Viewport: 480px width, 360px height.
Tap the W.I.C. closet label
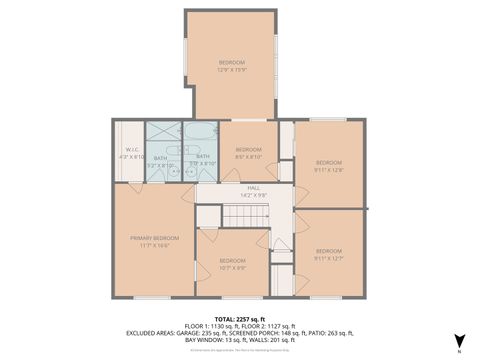pyautogui.click(x=131, y=153)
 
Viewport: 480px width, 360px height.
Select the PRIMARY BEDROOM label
pyautogui.click(x=154, y=241)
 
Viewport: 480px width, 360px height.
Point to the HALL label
pyautogui.click(x=254, y=191)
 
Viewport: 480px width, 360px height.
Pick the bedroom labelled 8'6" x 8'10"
pyautogui.click(x=247, y=153)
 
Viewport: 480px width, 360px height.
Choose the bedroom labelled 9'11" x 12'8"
pyautogui.click(x=329, y=165)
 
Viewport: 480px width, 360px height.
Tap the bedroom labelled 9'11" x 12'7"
pyautogui.click(x=329, y=254)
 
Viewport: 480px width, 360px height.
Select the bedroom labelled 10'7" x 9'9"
pyautogui.click(x=233, y=264)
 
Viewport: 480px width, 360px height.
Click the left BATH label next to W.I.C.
pyautogui.click(x=161, y=161)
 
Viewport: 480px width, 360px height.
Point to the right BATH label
pyautogui.click(x=203, y=161)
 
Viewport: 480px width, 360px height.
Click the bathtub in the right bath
pyautogui.click(x=201, y=134)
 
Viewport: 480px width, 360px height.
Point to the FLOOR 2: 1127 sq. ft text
pyautogui.click(x=269, y=326)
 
